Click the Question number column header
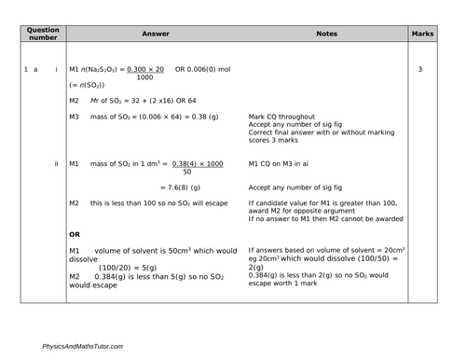pyautogui.click(x=43, y=35)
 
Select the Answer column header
pyautogui.click(x=155, y=34)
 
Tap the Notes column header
pyautogui.click(x=326, y=34)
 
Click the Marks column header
pyautogui.click(x=421, y=34)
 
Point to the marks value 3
pyautogui.click(x=421, y=70)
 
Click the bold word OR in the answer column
pyautogui.click(x=76, y=233)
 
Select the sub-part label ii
pyautogui.click(x=57, y=163)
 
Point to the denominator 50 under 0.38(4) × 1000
pyautogui.click(x=187, y=172)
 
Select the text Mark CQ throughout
pyautogui.click(x=285, y=116)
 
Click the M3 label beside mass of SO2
pyautogui.click(x=75, y=116)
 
